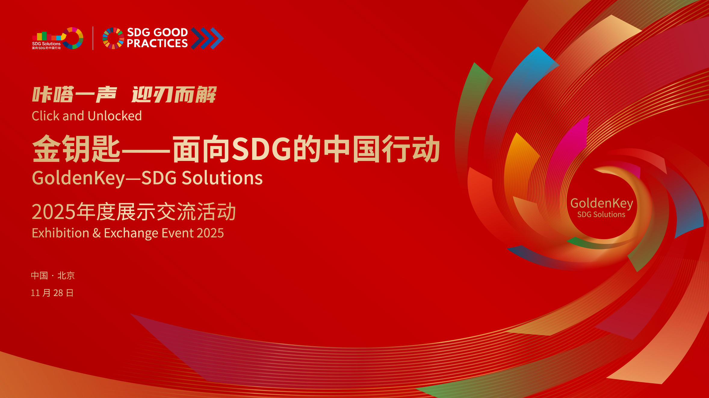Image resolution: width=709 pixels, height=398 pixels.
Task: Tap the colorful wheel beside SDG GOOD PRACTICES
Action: (x=113, y=38)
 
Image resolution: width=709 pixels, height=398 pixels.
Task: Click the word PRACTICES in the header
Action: (x=157, y=43)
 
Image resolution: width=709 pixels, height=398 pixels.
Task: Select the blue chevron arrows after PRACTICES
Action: (x=207, y=38)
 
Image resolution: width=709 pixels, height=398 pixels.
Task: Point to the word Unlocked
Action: (x=115, y=116)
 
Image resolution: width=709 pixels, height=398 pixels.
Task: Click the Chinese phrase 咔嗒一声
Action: (x=74, y=94)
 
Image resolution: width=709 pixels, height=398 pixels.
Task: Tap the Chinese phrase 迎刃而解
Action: (x=174, y=94)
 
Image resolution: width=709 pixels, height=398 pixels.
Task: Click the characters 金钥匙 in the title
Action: (x=76, y=149)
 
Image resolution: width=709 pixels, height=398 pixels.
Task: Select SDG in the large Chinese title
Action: (x=261, y=149)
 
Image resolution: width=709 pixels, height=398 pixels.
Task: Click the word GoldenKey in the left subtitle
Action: (x=79, y=178)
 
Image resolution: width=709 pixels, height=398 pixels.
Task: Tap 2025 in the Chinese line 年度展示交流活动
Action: (x=54, y=212)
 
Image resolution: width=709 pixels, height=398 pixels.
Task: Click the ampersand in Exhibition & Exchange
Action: (x=97, y=233)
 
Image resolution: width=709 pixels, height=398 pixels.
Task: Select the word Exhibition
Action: (x=60, y=233)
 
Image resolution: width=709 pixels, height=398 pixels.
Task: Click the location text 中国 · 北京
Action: (x=53, y=276)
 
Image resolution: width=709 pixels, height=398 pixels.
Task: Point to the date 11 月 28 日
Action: (x=52, y=293)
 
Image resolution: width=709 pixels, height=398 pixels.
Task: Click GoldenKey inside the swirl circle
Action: (x=602, y=204)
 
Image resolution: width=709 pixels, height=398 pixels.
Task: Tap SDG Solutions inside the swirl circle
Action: (x=601, y=214)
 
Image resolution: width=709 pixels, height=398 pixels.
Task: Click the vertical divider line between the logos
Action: (x=93, y=38)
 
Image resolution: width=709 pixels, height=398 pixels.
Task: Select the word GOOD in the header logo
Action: (x=171, y=32)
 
